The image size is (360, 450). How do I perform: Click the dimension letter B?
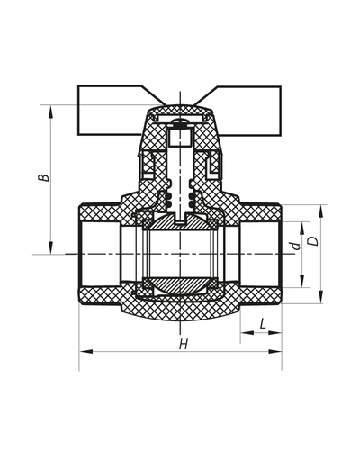tap(41, 178)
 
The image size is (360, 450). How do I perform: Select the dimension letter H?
tap(183, 345)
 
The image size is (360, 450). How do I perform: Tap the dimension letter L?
tap(261, 322)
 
